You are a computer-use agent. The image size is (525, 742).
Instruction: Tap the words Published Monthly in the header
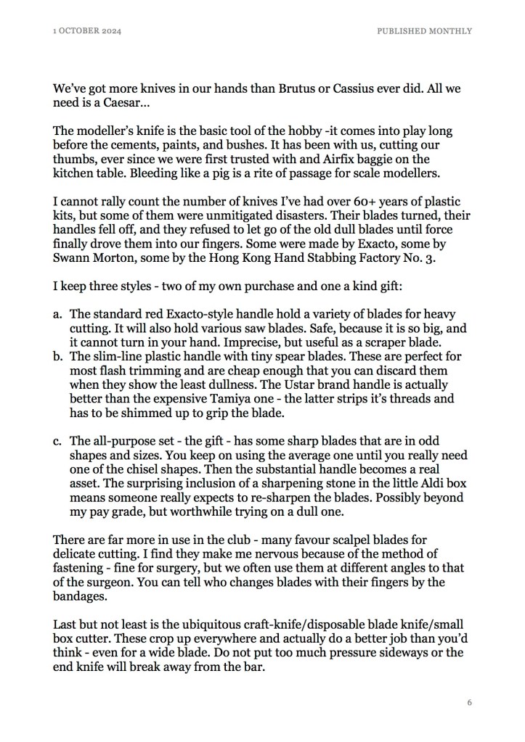(424, 30)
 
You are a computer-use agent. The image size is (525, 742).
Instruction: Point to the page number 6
(469, 703)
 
